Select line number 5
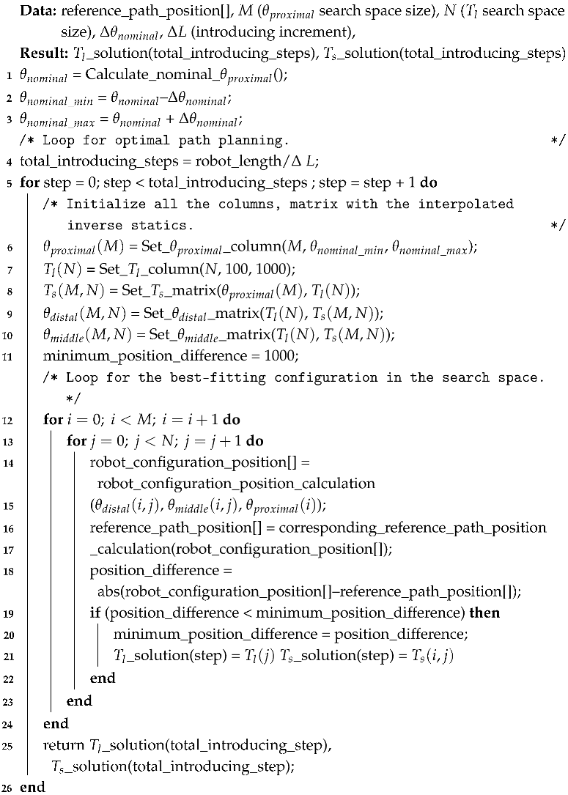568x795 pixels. (10, 182)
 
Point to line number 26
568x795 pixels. (10, 788)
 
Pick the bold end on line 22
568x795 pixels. (103, 678)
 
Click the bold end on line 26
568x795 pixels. (33, 788)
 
